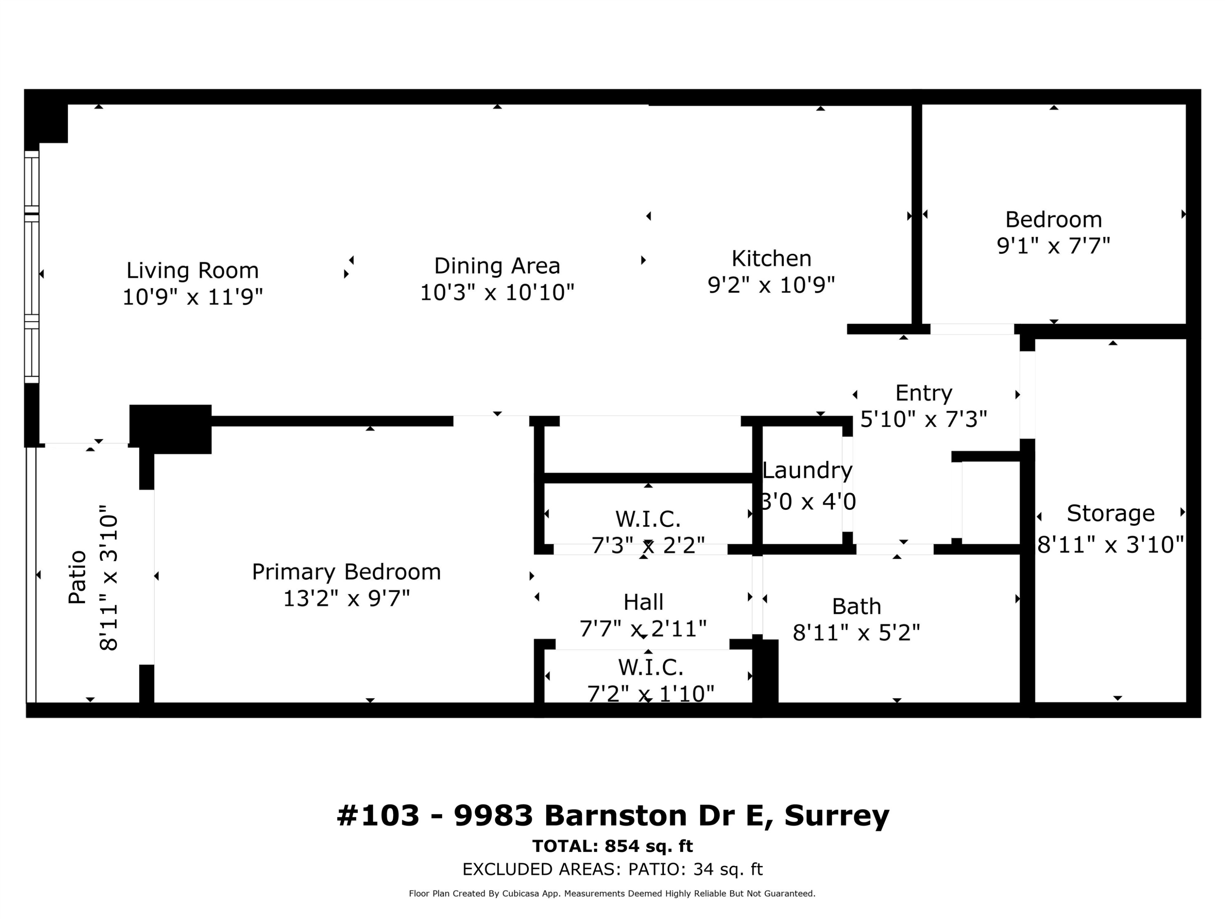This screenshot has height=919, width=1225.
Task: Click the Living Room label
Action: coord(192,270)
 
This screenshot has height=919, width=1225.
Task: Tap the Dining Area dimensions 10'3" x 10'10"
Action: coord(497,292)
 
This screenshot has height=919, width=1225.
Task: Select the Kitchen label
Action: coord(771,259)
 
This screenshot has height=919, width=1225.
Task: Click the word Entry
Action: coord(923,393)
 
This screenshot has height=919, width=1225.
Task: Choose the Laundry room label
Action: coord(807,470)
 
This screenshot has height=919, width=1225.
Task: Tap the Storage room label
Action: coord(1110,513)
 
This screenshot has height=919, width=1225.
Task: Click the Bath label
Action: coord(856,606)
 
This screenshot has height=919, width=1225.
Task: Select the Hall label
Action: coord(643,602)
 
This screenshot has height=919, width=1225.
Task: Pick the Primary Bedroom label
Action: coord(346,572)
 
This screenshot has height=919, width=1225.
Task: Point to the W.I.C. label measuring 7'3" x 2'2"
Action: coord(647,519)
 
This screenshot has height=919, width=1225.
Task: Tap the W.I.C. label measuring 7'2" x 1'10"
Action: coord(650,667)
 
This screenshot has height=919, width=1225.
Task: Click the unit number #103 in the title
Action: coord(378,815)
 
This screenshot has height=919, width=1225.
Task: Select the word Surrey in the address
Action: coord(836,815)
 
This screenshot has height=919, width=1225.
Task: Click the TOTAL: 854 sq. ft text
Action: coord(612,846)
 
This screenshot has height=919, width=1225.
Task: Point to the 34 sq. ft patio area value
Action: coord(728,869)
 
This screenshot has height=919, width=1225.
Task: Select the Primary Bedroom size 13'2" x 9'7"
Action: coord(346,598)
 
